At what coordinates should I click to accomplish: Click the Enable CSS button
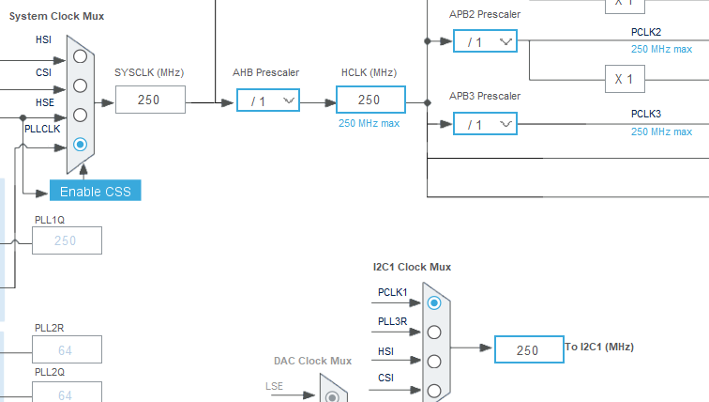(96, 191)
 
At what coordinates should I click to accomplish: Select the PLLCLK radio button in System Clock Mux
(81, 145)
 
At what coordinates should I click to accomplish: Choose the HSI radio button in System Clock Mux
(81, 56)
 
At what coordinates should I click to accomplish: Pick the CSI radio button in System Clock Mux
(81, 85)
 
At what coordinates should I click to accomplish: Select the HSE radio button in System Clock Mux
(81, 115)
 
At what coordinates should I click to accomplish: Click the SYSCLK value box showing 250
(150, 100)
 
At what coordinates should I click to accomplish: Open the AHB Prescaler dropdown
(267, 100)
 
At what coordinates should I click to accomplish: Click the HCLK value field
(370, 100)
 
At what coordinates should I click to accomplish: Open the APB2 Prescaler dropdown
(485, 41)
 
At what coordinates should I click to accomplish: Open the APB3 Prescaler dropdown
(485, 124)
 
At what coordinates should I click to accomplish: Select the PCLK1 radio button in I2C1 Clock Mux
(434, 302)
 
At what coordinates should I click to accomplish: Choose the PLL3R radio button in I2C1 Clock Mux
(434, 332)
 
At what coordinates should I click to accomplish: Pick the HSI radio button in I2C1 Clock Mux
(434, 361)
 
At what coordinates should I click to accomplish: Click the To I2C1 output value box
(528, 349)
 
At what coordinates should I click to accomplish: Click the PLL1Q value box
(67, 240)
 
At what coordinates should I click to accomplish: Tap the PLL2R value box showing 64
(67, 349)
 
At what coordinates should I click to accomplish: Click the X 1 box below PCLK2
(624, 79)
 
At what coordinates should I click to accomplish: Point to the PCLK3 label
(646, 114)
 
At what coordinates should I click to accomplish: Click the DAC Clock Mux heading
(312, 361)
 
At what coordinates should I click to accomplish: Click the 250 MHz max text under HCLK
(370, 123)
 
